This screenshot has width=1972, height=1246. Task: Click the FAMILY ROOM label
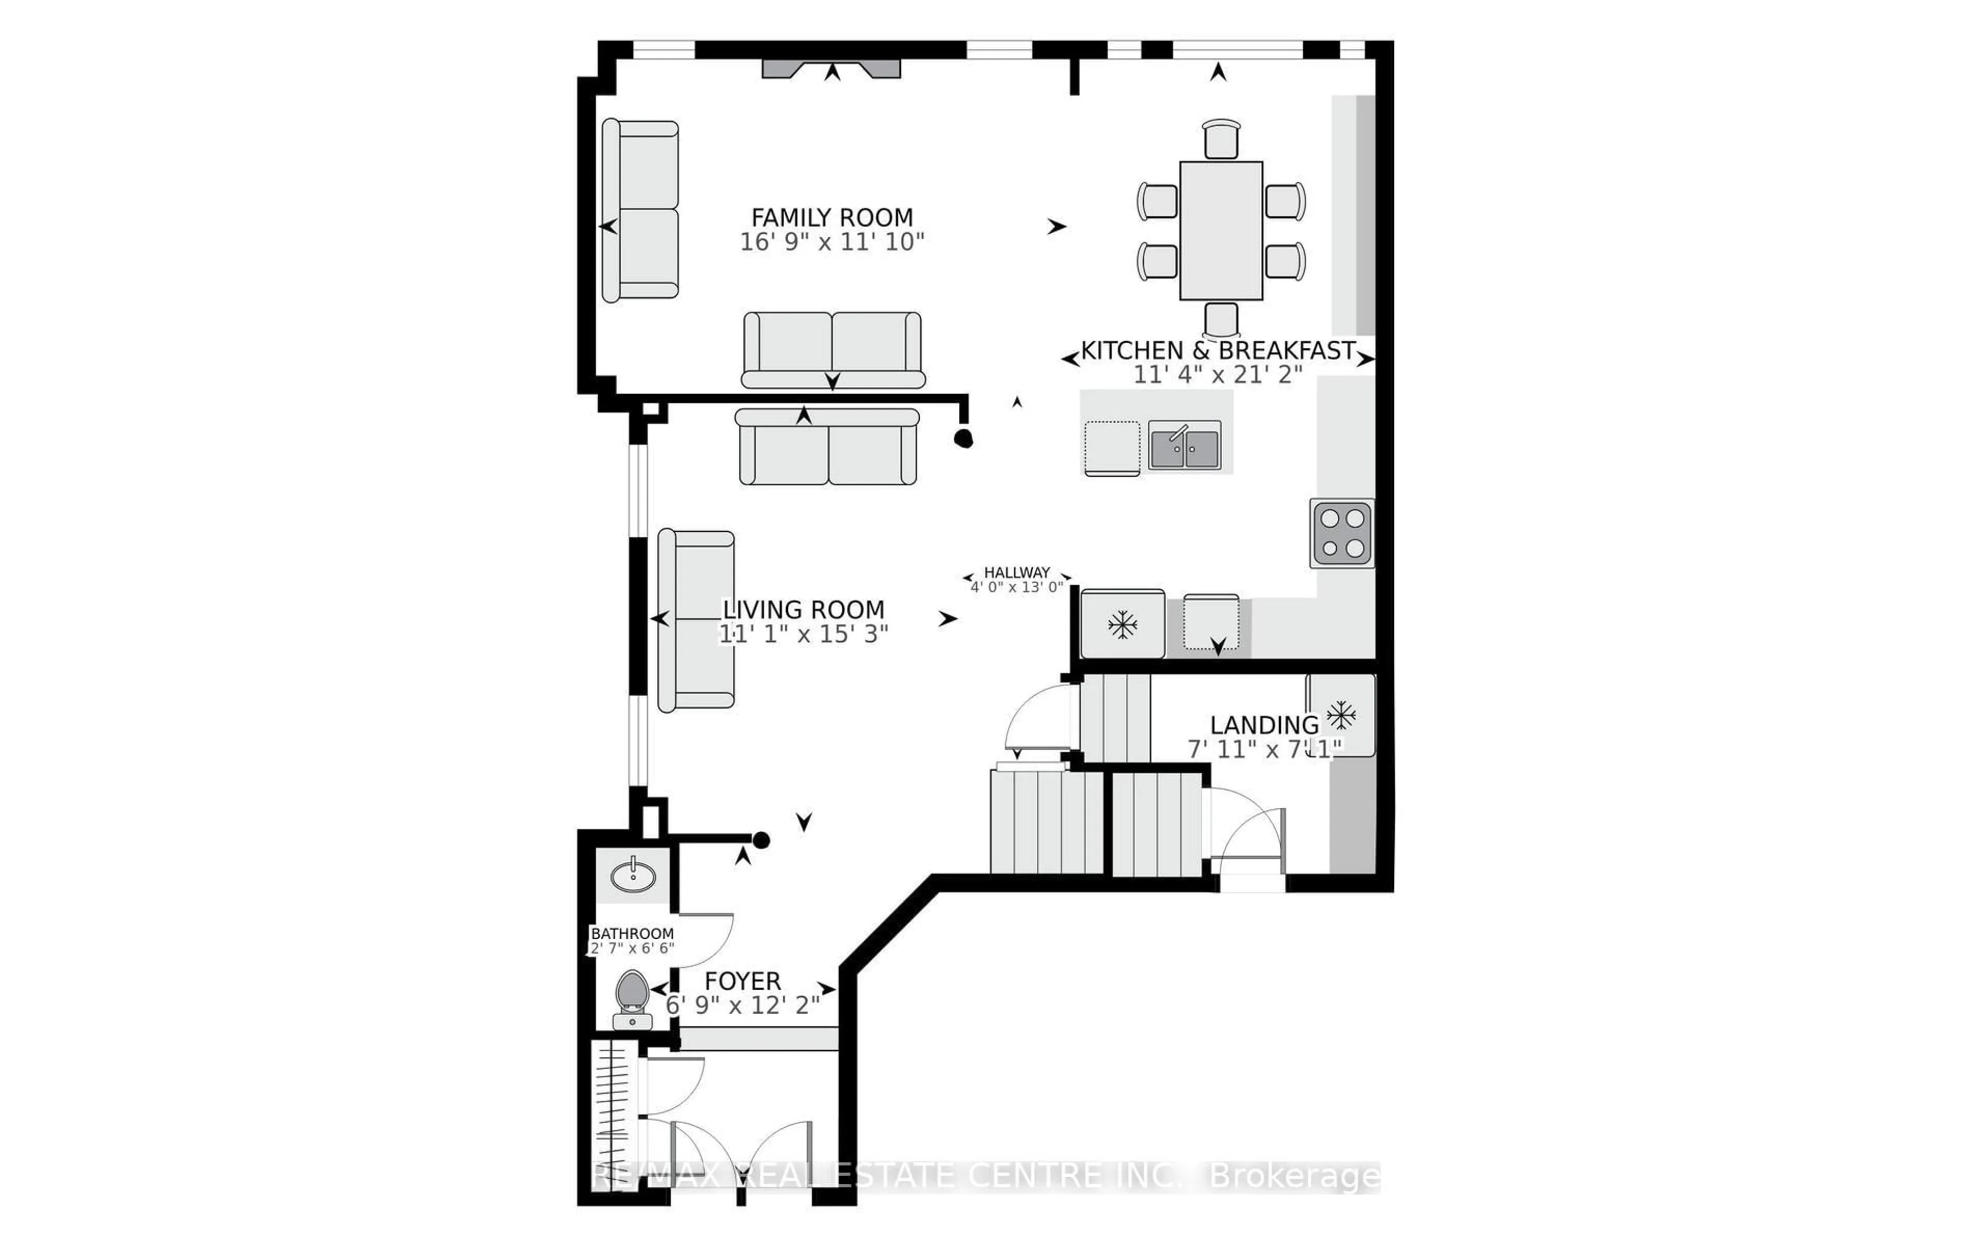point(831,218)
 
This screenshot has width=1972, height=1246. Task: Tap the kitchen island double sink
point(1184,445)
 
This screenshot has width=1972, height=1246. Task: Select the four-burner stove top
point(1341,533)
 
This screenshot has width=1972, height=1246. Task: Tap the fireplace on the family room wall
point(831,69)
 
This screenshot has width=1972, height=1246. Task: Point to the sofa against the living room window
point(696,620)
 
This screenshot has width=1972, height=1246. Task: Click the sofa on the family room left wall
point(640,210)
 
